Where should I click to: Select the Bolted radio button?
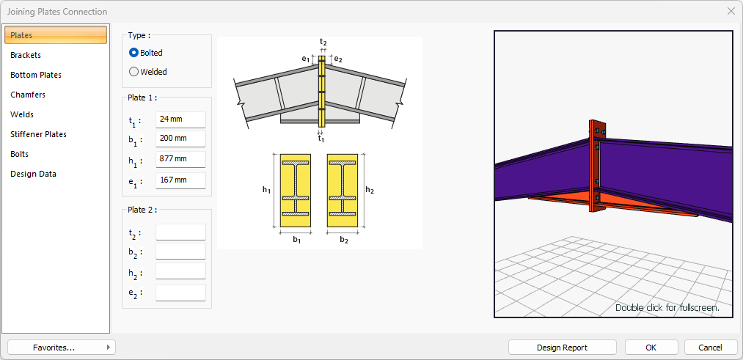pyautogui.click(x=133, y=53)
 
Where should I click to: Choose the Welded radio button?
pyautogui.click(x=133, y=72)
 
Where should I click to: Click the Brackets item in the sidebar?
pyautogui.click(x=26, y=55)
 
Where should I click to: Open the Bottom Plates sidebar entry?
pyautogui.click(x=36, y=75)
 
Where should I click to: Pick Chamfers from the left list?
pyautogui.click(x=28, y=95)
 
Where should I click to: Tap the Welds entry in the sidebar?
pyautogui.click(x=22, y=114)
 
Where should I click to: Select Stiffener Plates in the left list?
pyautogui.click(x=38, y=134)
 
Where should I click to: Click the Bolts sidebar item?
pyautogui.click(x=19, y=155)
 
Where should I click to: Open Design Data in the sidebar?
pyautogui.click(x=33, y=174)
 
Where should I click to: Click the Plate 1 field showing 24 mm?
pyautogui.click(x=180, y=120)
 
